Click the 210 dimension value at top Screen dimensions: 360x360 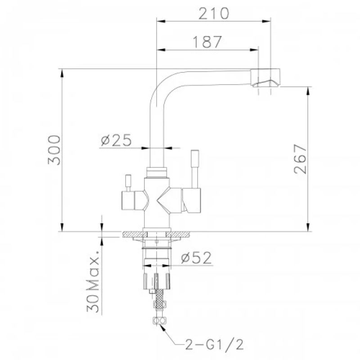(x=214, y=13)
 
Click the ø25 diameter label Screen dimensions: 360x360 (x=116, y=140)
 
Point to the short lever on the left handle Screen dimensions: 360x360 (x=127, y=182)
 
